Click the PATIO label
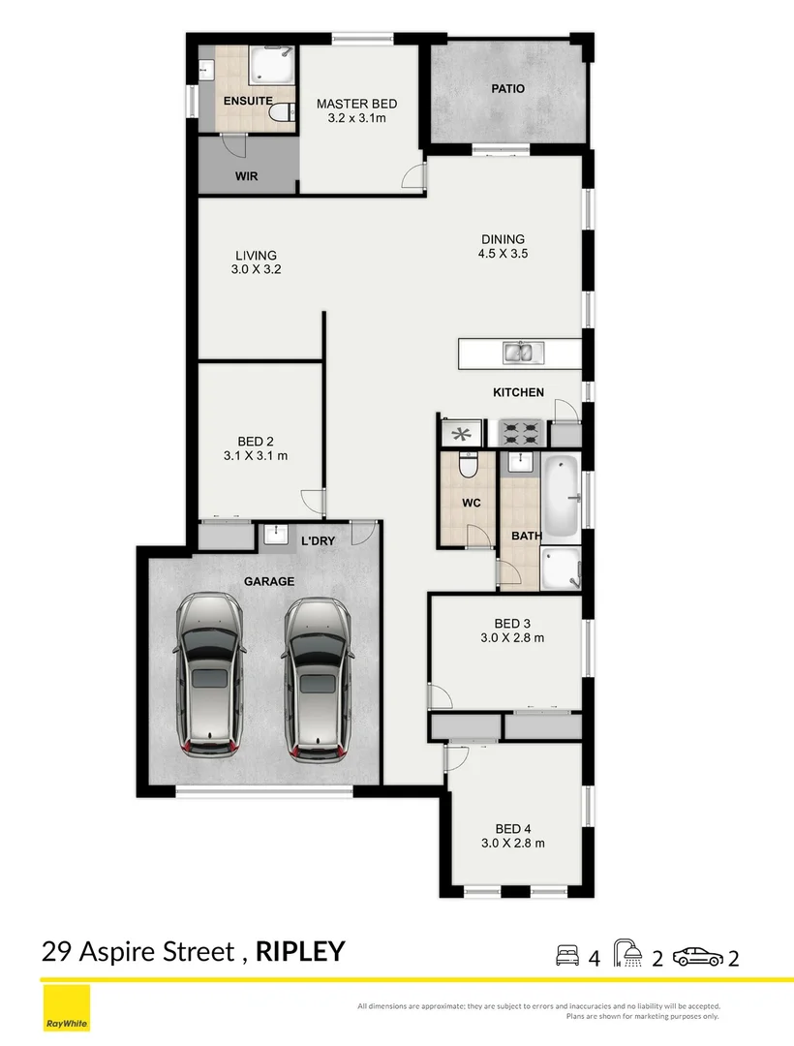[507, 89]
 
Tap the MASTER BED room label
[357, 105]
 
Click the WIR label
[245, 177]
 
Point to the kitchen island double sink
[523, 352]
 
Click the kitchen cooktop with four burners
[522, 431]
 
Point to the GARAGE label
[269, 581]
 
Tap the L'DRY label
[317, 541]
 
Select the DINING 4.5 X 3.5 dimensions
[504, 254]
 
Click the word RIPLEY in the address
[299, 951]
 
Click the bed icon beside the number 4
[567, 957]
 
